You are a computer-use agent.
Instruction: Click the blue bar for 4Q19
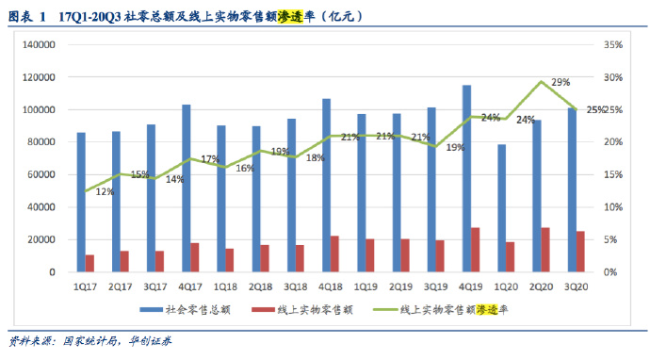466,178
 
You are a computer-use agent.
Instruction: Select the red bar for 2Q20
545,250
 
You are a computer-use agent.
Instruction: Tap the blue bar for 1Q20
501,208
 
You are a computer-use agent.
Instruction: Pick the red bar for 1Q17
89,263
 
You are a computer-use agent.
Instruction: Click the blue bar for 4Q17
187,188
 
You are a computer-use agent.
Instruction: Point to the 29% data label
561,82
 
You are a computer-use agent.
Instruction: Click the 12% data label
105,191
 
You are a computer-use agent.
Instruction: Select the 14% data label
175,179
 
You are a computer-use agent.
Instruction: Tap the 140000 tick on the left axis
39,45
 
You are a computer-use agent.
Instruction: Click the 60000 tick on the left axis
41,174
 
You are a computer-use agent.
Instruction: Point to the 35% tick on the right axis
613,45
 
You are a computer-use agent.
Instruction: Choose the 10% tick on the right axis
613,207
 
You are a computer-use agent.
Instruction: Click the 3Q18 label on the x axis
296,286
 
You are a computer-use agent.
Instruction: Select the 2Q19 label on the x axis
401,286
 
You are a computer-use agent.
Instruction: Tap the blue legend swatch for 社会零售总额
152,310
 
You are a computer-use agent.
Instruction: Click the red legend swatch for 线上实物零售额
263,310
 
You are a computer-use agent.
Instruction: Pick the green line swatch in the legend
384,310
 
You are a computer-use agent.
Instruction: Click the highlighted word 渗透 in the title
290,16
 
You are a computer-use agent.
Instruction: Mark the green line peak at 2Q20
541,81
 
